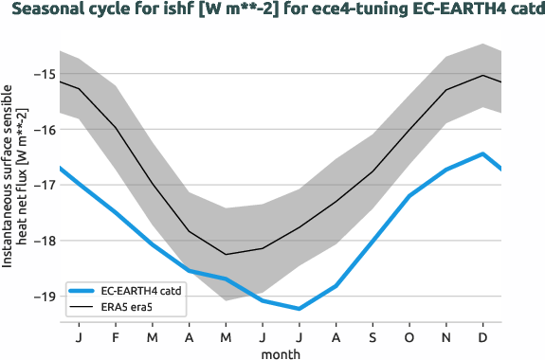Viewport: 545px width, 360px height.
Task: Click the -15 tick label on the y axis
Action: (x=41, y=74)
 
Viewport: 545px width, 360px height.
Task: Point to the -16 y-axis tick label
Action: (x=41, y=129)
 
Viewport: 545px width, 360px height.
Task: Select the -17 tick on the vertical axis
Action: (x=41, y=185)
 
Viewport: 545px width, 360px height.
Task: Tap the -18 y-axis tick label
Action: (x=41, y=241)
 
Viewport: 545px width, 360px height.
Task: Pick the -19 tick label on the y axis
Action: (x=41, y=296)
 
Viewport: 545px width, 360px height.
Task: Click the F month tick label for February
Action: (x=116, y=336)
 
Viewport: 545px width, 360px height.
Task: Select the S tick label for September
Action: (x=372, y=336)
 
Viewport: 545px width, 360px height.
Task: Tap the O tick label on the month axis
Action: (x=409, y=336)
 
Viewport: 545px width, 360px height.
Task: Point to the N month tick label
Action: (x=446, y=336)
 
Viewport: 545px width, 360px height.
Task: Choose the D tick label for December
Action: (x=483, y=336)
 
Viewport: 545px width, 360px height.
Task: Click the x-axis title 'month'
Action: (x=281, y=352)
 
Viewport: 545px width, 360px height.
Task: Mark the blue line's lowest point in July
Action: (x=300, y=309)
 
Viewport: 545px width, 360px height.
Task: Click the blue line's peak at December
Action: (x=483, y=153)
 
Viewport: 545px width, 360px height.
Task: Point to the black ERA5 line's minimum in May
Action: (x=226, y=254)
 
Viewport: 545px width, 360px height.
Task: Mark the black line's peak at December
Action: (x=483, y=75)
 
